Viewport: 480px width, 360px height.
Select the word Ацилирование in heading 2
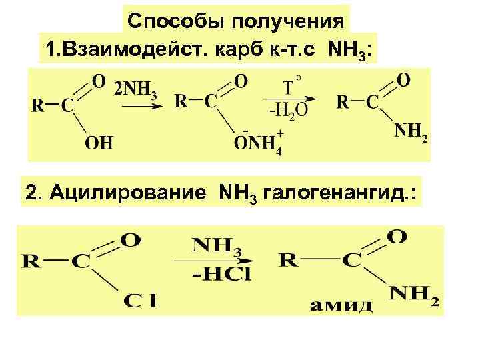(x=138, y=194)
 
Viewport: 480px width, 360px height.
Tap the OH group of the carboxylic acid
(x=98, y=141)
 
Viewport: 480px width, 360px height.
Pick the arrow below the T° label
(x=291, y=99)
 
